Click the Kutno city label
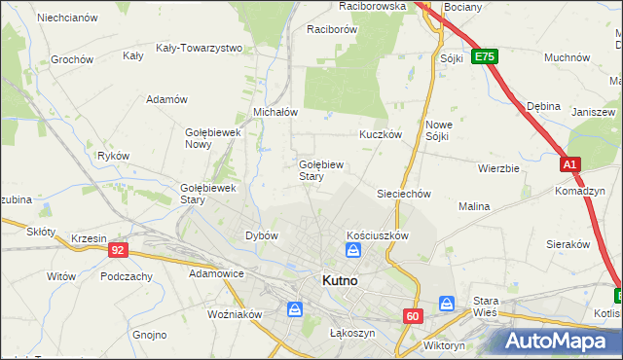(x=339, y=281)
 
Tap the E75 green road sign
(x=484, y=58)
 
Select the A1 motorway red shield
(x=570, y=166)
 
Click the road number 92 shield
(x=118, y=250)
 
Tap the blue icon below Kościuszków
(x=353, y=252)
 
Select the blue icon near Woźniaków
(x=295, y=309)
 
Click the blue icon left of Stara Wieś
(x=447, y=304)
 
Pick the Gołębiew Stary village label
(x=317, y=170)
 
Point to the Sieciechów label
(x=403, y=194)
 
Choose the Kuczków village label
(x=381, y=135)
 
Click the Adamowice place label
(x=216, y=273)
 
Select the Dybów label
(x=262, y=235)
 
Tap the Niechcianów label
(x=67, y=18)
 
